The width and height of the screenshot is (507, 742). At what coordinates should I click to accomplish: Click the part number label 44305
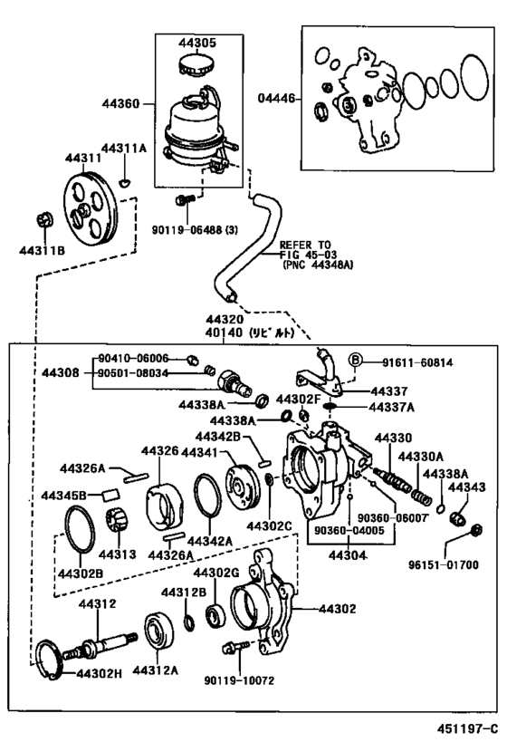pos(197,43)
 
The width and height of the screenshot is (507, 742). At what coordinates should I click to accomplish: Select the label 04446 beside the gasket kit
pos(276,98)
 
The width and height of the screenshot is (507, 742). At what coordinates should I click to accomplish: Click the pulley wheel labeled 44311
pos(91,210)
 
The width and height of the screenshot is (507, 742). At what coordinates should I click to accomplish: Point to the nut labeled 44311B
pos(44,219)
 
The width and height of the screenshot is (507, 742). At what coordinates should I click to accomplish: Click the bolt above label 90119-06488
pos(185,199)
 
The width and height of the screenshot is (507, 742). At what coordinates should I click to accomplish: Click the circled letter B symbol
pos(355,361)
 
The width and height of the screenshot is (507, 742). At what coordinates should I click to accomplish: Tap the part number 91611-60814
pos(417,362)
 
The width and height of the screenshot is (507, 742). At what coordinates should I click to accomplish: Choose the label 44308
pos(60,373)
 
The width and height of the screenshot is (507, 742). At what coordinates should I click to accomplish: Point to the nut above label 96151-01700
pos(477,529)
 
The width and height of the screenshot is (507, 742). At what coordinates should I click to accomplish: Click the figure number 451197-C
pos(468,728)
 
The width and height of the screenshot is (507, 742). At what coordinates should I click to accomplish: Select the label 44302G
pos(216,573)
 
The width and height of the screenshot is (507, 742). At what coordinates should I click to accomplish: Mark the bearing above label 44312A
pos(158,632)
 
